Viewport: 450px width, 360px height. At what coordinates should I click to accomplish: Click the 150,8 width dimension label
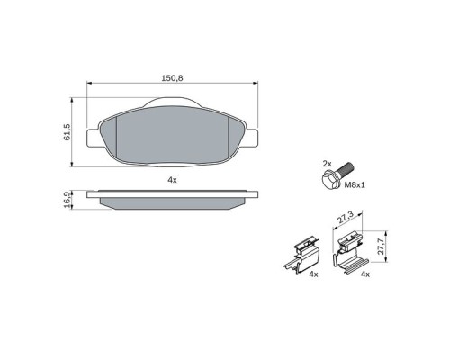tap(172, 78)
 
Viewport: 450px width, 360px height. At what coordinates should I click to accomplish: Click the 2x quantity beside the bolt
tap(328, 164)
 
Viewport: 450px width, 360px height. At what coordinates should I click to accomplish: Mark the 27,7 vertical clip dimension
tap(382, 245)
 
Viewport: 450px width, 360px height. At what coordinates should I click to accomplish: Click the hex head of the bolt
tap(329, 181)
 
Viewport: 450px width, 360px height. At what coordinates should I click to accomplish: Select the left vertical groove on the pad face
tap(121, 139)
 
